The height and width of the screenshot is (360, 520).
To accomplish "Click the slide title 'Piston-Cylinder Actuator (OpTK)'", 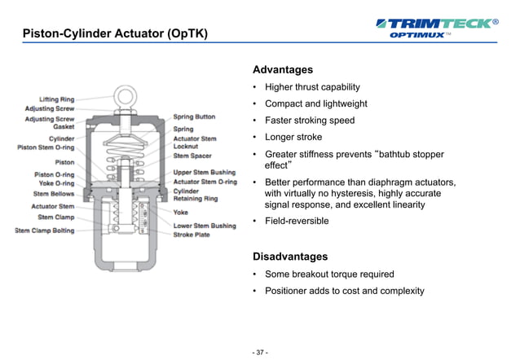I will point(114,33).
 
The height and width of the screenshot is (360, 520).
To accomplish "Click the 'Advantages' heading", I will point(282,70).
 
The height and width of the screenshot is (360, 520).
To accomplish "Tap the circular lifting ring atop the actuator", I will point(126,96).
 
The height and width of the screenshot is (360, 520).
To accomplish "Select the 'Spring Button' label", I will point(194,117).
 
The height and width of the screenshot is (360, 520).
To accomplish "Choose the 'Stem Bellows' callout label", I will point(53,194).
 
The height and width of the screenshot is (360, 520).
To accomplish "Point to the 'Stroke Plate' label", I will point(192,235).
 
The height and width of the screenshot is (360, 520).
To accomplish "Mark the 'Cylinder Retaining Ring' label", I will point(196,195).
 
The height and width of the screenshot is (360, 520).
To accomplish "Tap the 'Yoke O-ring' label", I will point(54,183).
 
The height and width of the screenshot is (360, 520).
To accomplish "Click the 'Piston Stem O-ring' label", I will point(46,147).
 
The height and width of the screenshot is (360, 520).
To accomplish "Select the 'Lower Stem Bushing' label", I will point(204,226).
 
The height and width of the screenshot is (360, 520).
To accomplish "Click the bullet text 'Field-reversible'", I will point(297,221).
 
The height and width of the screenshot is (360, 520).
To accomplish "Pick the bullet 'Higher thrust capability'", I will point(312,87).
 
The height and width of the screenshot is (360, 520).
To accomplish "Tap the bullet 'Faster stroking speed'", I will point(310,121).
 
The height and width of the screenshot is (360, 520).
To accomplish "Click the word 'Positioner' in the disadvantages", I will point(289,291).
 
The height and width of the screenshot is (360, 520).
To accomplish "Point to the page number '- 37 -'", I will point(259,352).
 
